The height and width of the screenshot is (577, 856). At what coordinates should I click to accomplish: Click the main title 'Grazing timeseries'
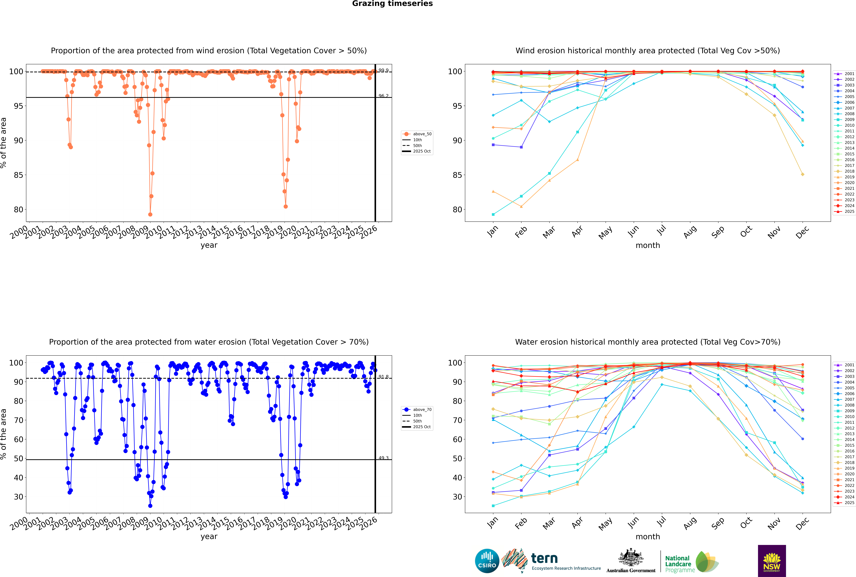(x=392, y=4)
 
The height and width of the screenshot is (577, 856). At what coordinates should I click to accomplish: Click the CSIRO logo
(x=487, y=561)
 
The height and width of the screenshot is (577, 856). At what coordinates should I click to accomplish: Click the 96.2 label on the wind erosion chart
(x=383, y=96)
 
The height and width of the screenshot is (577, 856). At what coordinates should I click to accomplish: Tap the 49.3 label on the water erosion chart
(x=383, y=458)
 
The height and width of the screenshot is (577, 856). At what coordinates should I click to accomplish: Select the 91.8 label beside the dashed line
(x=383, y=377)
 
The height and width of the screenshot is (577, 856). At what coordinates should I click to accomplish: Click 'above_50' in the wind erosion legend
(x=422, y=134)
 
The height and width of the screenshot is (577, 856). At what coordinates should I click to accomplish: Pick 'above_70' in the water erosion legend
(x=422, y=410)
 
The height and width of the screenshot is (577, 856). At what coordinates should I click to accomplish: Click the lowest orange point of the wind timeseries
(x=150, y=215)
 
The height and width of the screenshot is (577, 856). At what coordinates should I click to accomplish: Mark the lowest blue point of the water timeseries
(x=150, y=506)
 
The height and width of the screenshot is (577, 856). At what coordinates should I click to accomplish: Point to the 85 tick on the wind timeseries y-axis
(x=18, y=175)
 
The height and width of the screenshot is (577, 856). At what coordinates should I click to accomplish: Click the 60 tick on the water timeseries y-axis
(x=18, y=439)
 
